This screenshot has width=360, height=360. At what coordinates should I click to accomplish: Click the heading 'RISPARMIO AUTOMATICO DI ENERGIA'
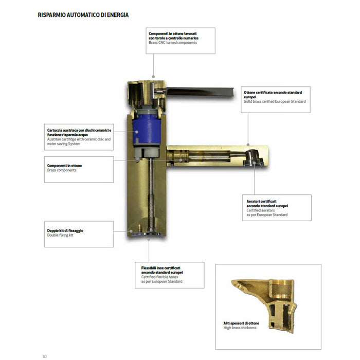(83, 15)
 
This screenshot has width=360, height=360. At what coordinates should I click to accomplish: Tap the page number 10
(44, 356)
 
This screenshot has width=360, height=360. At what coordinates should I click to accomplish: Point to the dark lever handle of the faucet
(200, 92)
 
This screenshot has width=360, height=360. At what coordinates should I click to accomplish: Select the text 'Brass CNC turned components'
(173, 43)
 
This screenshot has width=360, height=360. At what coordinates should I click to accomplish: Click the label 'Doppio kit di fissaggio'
(65, 230)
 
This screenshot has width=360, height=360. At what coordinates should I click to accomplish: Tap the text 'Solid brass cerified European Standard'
(275, 101)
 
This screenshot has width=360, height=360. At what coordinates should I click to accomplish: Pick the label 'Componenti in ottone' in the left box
(64, 166)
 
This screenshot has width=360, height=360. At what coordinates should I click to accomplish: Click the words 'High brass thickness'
(240, 328)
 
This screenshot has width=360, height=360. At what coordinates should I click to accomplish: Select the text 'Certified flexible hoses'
(159, 277)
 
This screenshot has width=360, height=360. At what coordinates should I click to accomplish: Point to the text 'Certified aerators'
(261, 210)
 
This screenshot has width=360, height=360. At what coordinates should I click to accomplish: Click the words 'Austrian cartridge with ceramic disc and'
(79, 139)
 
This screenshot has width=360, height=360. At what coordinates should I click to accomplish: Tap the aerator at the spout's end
(253, 158)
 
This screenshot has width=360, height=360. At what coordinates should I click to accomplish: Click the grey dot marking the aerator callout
(255, 163)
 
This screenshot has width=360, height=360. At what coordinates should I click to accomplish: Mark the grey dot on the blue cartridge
(137, 132)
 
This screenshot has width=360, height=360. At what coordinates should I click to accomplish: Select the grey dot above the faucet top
(153, 77)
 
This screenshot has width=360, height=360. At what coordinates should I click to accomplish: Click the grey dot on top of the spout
(248, 145)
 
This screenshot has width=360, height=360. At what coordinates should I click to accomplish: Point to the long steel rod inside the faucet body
(151, 195)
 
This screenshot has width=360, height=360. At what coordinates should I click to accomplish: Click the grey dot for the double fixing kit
(131, 231)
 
